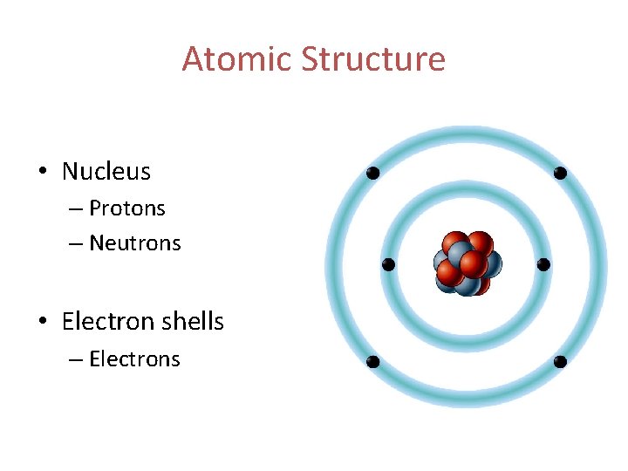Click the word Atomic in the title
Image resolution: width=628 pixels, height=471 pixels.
click(x=237, y=59)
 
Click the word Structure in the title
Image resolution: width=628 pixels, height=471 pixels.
click(x=373, y=59)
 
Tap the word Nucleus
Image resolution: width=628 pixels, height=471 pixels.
click(x=106, y=172)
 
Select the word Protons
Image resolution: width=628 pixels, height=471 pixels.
click(x=127, y=208)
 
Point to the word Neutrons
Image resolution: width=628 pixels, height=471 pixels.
click(x=135, y=243)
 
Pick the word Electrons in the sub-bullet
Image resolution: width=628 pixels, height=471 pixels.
click(x=134, y=359)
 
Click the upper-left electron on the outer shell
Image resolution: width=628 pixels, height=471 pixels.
click(x=372, y=174)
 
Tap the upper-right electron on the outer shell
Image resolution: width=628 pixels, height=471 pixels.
click(x=560, y=174)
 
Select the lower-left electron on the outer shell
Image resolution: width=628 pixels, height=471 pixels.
click(x=372, y=361)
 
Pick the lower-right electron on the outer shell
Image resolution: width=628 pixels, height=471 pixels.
click(x=560, y=361)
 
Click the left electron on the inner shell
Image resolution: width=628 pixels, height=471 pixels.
click(x=389, y=264)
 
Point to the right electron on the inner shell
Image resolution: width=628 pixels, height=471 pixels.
click(x=543, y=264)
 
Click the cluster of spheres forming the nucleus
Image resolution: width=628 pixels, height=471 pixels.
click(x=467, y=263)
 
